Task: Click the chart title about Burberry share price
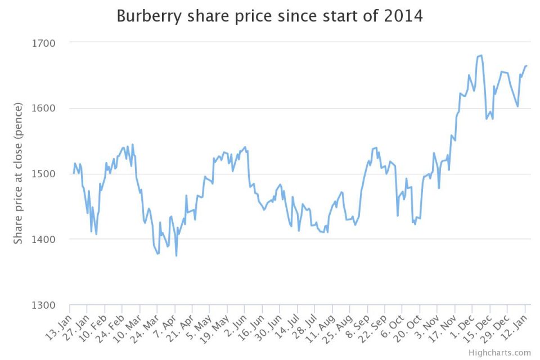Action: (269, 16)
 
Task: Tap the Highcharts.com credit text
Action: (499, 353)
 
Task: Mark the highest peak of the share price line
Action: (481, 55)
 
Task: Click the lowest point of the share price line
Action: (176, 256)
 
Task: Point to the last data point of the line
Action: (526, 66)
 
